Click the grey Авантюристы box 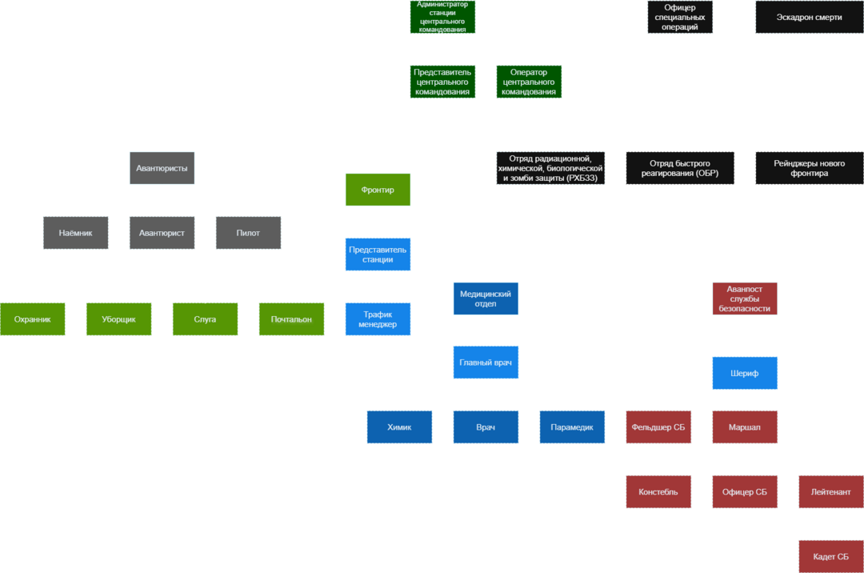coord(162,168)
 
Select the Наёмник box coord(75,233)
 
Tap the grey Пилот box coord(248,233)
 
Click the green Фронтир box coord(378,190)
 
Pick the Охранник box coord(32,319)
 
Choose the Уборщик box coord(118,319)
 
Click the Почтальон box coord(291,319)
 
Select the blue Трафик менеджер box coord(378,319)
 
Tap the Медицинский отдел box coord(486,298)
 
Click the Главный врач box coord(486,363)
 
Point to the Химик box coord(399,427)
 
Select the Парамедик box coord(572,427)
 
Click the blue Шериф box coord(745,373)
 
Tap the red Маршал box coord(745,427)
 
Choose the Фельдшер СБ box coord(658,427)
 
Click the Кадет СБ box coord(831,556)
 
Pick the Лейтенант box coord(831,491)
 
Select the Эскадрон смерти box coord(809,17)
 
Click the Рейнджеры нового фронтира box coord(809,168)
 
